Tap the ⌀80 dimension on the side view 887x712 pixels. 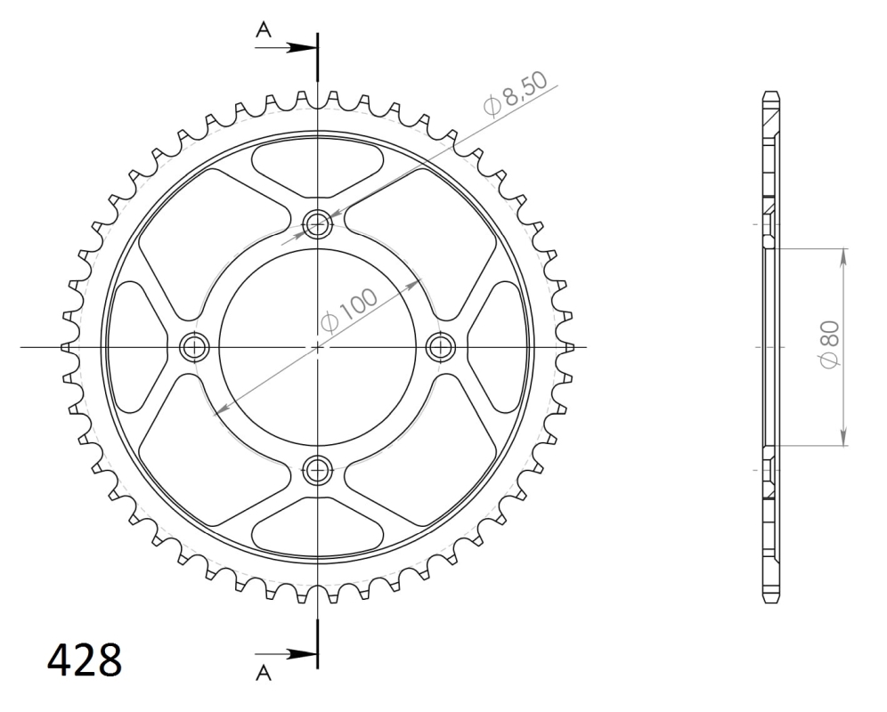tap(830, 344)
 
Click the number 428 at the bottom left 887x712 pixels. tap(85, 659)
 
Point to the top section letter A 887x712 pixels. tap(264, 28)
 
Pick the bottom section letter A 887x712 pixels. tap(264, 673)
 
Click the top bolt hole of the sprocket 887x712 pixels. tap(317, 224)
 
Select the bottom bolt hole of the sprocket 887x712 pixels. tap(317, 469)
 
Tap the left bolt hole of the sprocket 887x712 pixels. tap(194, 347)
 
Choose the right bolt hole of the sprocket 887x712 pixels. tap(441, 347)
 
